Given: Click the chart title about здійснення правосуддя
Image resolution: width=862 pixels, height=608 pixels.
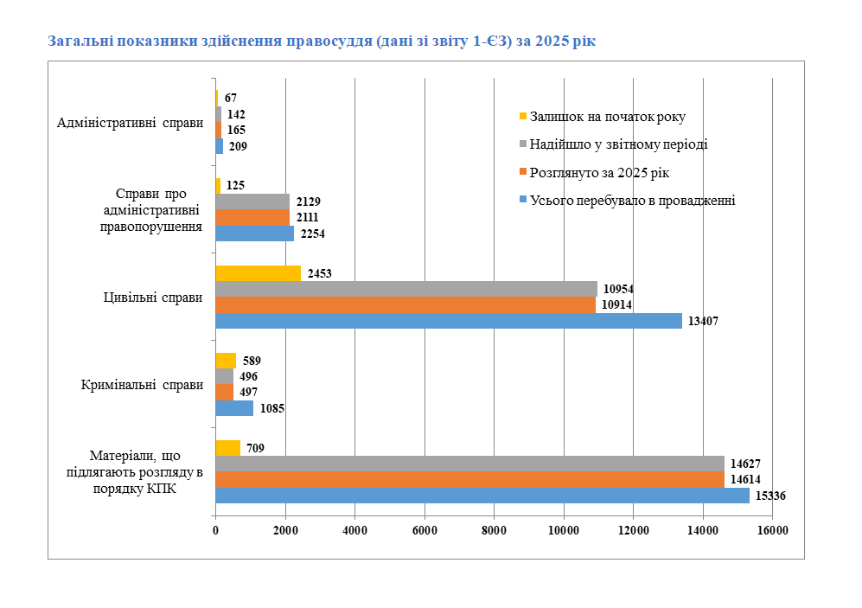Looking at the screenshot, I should tap(322, 41).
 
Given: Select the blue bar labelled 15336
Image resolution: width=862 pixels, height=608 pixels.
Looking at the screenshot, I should tap(482, 496).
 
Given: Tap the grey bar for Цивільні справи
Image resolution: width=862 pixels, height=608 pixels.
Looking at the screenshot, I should tap(405, 289).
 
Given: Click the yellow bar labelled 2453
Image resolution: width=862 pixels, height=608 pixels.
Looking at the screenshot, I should tap(258, 273).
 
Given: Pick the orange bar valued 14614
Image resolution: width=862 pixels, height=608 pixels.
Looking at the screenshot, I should tap(469, 479).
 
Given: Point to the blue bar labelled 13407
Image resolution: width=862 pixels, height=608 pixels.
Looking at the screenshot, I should tap(448, 321).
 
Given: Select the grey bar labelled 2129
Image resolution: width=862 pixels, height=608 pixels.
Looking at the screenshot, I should tap(252, 202).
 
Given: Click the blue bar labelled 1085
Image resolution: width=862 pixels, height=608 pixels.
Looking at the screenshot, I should tap(233, 408).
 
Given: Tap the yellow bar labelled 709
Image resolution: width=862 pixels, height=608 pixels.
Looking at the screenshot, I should tap(227, 448).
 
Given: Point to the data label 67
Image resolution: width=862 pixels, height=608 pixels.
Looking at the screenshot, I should tap(230, 99).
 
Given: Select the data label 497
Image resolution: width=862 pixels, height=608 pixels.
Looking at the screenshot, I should tap(248, 393).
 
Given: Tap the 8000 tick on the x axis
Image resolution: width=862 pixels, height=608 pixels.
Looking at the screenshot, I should tap(494, 530).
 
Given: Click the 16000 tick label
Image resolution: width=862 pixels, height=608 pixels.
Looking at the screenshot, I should tap(772, 530).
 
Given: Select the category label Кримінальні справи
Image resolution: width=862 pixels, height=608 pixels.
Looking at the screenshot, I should tap(142, 385).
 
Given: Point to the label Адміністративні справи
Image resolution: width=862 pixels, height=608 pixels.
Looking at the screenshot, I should tap(130, 123).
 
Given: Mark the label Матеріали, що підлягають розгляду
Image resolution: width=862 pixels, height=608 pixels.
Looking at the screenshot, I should tap(134, 470).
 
